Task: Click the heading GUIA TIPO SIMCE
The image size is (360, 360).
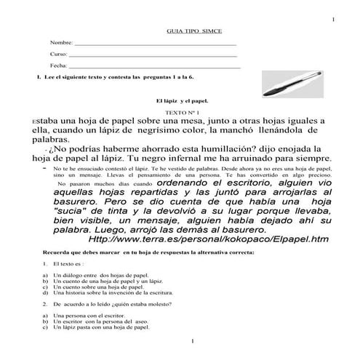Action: [180, 31]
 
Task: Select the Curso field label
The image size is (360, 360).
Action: [58, 55]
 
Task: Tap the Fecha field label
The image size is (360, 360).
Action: [58, 65]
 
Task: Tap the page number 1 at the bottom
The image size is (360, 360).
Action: [191, 341]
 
